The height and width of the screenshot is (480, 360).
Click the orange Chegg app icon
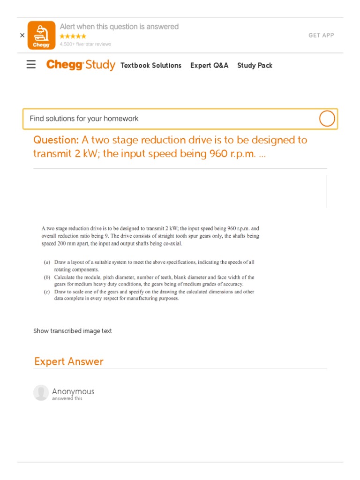(41, 35)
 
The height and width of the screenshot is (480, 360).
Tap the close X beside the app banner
(22, 35)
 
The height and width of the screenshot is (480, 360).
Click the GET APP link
(321, 36)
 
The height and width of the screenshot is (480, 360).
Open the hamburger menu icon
(31, 65)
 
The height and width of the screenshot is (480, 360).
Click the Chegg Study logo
(81, 65)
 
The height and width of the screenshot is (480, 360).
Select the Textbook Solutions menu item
(151, 66)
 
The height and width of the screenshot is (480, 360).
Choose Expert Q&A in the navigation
(209, 66)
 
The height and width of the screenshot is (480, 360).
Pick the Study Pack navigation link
(255, 66)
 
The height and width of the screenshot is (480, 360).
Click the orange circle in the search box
(327, 119)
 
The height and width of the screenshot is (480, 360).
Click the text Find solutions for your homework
(84, 119)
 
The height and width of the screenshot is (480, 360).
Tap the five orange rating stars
(73, 36)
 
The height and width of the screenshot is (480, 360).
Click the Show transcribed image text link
(73, 331)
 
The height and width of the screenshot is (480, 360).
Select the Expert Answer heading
(68, 361)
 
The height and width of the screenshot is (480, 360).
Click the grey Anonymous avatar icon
(41, 393)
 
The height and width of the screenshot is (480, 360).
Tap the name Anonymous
(73, 391)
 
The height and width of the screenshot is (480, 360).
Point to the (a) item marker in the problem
(47, 262)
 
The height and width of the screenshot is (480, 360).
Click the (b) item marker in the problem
(47, 277)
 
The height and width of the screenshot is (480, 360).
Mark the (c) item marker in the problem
(47, 292)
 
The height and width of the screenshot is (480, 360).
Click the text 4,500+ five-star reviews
(85, 45)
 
